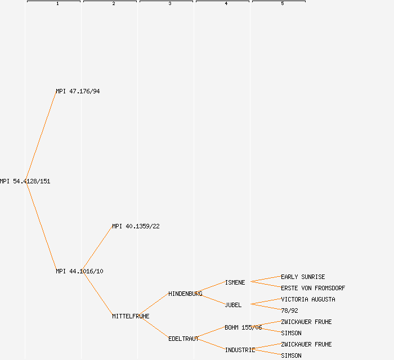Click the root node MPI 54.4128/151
(x=25, y=181)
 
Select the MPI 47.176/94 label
(x=78, y=91)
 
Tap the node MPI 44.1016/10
(x=79, y=271)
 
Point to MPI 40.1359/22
(x=136, y=226)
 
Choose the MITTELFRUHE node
(x=131, y=316)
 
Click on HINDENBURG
(x=185, y=294)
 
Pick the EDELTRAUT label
(x=183, y=339)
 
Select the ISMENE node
(x=235, y=282)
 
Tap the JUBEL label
(x=233, y=305)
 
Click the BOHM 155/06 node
(x=243, y=327)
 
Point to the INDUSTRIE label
(x=240, y=350)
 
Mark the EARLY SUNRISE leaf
(x=303, y=277)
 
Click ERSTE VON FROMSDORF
(x=313, y=288)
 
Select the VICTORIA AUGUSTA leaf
(x=308, y=299)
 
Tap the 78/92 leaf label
(x=289, y=310)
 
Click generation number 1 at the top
(x=57, y=4)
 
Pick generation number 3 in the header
(x=170, y=4)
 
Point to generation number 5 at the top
(x=283, y=4)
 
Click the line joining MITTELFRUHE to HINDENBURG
(x=153, y=305)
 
